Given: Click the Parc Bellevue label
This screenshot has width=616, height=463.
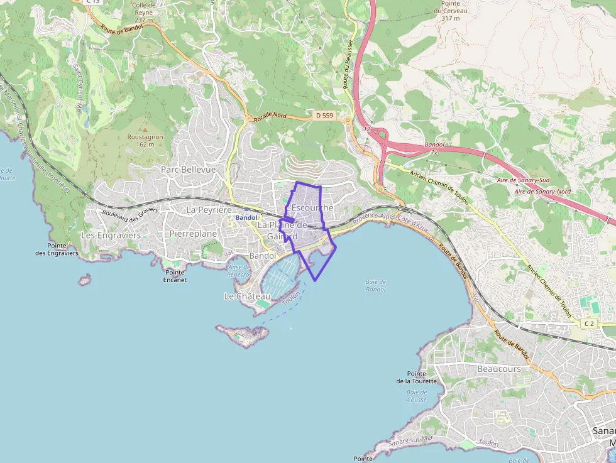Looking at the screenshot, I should point(188,170).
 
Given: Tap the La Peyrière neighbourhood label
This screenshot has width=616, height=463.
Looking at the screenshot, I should point(209,209).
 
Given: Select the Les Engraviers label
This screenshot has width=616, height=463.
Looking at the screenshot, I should point(111,235).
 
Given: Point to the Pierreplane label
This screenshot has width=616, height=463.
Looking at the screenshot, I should point(193,234).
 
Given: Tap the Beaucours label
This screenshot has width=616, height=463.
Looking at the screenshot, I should point(499,369).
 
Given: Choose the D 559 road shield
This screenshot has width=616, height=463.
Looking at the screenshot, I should point(324,116).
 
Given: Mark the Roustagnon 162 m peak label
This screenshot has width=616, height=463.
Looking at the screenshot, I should point(145,140).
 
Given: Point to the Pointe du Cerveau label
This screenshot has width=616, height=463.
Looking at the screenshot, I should point(450,11).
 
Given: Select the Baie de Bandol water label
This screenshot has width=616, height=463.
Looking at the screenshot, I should point(375,285).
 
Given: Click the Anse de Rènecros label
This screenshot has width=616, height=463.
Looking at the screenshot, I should point(239,271).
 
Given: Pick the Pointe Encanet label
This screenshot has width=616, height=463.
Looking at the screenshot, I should point(175,276).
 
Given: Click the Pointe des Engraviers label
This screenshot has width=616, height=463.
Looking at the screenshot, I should point(57,249).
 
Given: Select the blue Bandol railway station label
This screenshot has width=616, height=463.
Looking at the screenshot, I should point(246,217).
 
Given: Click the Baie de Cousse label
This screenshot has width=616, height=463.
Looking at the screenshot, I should point(417,396).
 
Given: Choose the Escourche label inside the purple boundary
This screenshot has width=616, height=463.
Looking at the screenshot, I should point(313,207).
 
